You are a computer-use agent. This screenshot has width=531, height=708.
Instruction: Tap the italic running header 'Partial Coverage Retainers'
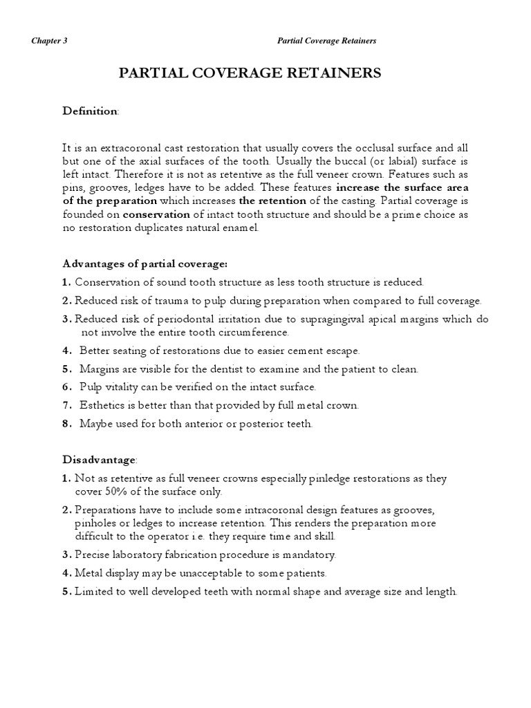(326, 41)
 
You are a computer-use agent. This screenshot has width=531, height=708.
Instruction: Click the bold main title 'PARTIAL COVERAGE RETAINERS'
(250, 73)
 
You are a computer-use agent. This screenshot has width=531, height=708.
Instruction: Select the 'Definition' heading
(91, 111)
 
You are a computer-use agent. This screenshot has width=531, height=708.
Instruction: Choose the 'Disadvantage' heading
(100, 460)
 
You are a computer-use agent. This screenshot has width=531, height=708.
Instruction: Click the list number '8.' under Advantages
(66, 424)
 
